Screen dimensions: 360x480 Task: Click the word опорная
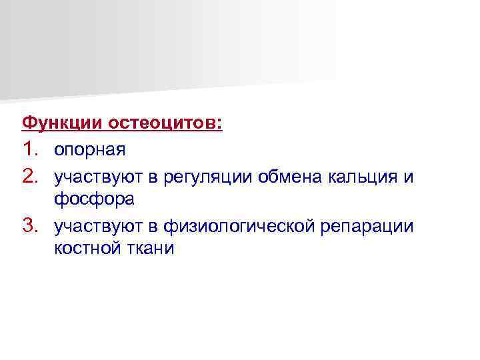(90, 150)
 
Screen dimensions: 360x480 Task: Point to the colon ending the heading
(220, 124)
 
